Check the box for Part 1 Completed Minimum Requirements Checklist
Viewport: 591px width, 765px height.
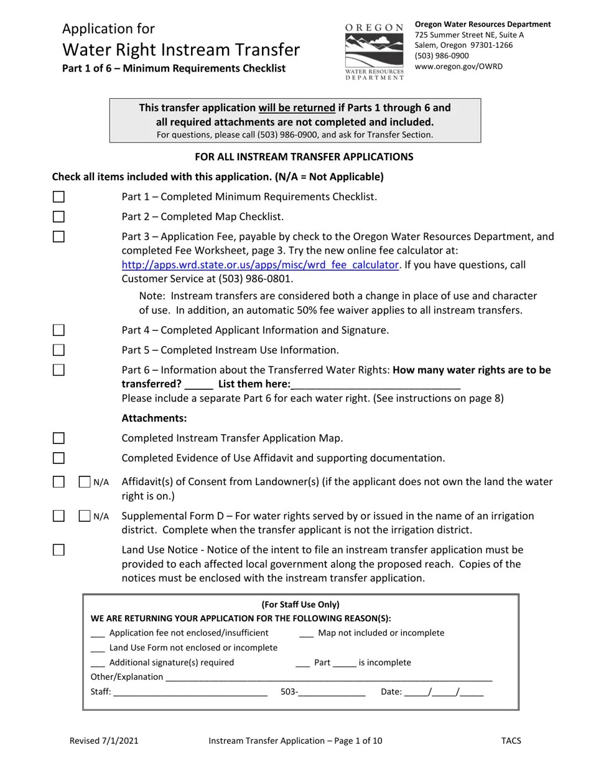click(x=58, y=197)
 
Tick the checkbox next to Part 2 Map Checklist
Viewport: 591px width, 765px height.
click(x=58, y=216)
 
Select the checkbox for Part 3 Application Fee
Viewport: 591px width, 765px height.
click(x=58, y=236)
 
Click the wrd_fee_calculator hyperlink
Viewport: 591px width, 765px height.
click(x=260, y=265)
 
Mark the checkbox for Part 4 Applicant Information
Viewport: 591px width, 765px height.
click(x=58, y=330)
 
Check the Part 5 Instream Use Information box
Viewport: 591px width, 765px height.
click(x=58, y=350)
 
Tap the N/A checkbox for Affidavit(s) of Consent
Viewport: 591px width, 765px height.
click(x=85, y=481)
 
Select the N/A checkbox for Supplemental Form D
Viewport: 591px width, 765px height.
click(x=85, y=516)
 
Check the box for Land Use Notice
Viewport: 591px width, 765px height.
click(x=58, y=550)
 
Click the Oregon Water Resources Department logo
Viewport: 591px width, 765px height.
click(x=375, y=52)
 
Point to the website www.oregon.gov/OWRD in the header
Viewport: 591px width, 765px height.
click(x=458, y=66)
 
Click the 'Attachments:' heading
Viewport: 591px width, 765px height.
click(x=154, y=418)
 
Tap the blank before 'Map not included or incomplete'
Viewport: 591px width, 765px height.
click(x=306, y=634)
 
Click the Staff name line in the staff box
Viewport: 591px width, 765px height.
click(x=190, y=692)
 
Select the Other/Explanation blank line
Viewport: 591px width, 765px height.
click(x=328, y=678)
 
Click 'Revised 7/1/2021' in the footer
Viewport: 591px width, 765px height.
click(x=104, y=741)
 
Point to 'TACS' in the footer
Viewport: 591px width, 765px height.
click(x=511, y=741)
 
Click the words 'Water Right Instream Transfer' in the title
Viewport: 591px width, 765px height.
click(x=181, y=50)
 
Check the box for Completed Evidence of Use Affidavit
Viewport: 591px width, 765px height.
click(x=58, y=458)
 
